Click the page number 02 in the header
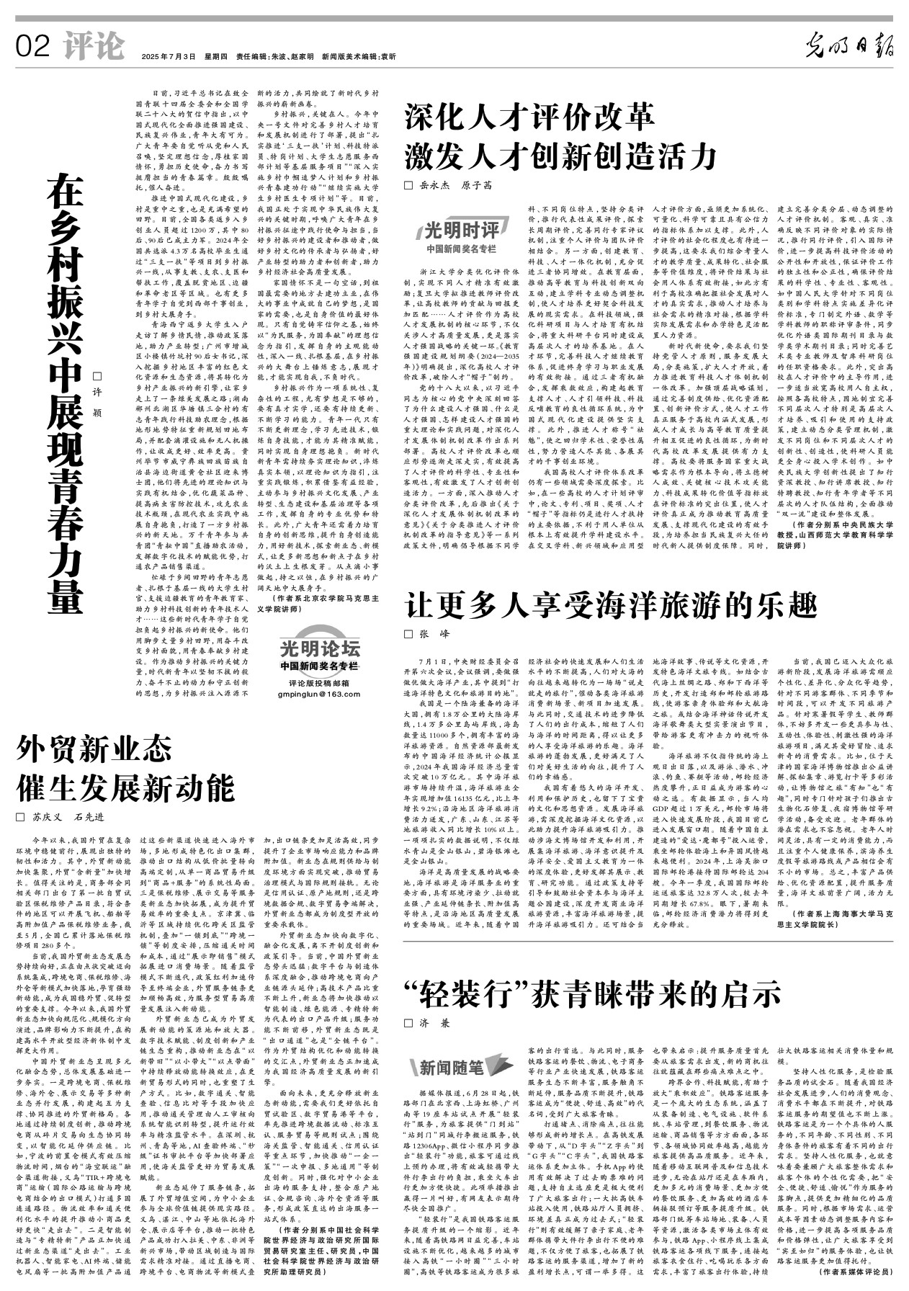[x=33, y=47]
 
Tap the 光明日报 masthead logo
[x=850, y=47]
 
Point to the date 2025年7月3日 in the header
[x=169, y=56]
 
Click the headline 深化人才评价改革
[x=529, y=116]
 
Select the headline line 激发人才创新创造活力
[x=561, y=154]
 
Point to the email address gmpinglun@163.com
[x=319, y=694]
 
